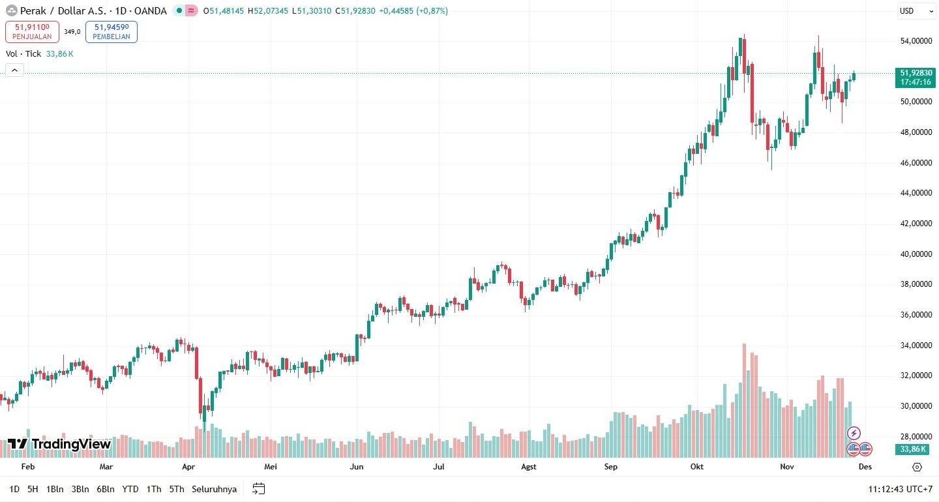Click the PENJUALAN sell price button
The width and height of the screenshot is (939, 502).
pos(32,31)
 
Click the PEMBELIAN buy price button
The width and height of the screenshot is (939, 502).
pos(112,31)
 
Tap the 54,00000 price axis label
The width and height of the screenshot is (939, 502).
pos(914,41)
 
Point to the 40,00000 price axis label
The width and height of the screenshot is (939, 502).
pos(914,254)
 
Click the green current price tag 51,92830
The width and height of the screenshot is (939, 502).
pos(916,77)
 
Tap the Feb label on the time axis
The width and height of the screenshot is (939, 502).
pos(27,467)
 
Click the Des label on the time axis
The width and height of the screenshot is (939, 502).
pos(865,467)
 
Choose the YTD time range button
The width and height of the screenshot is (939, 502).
pos(130,489)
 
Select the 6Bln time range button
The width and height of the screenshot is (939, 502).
pos(106,489)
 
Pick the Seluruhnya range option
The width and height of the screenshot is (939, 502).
pos(214,489)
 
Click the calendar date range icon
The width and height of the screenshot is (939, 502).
pos(259,489)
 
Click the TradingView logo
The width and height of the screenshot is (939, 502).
pos(59,444)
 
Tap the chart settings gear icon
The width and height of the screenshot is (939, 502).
pos(917,467)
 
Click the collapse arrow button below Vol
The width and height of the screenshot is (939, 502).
pos(15,70)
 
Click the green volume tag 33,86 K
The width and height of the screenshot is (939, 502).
pos(914,449)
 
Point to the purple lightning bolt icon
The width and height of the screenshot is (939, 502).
pos(854,433)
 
